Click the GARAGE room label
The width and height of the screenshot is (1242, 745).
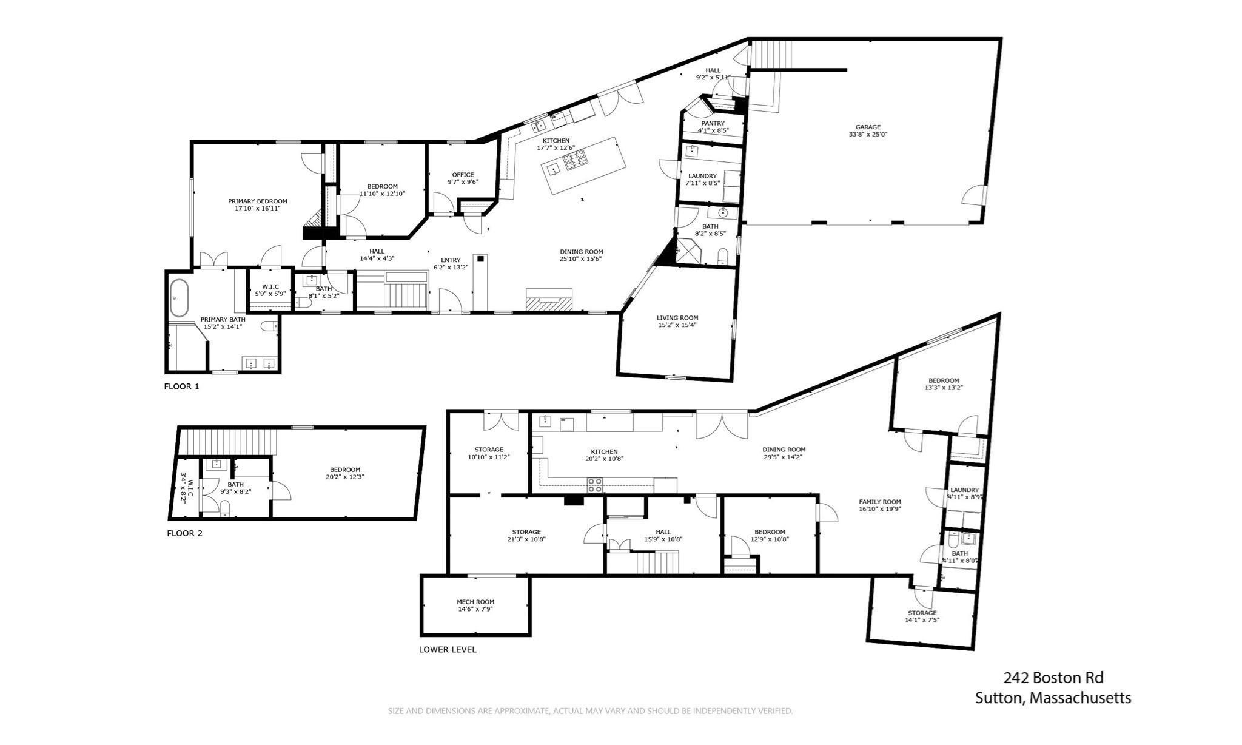[x=868, y=127]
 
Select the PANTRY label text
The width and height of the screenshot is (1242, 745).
[x=713, y=123]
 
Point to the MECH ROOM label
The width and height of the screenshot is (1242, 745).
[x=475, y=602]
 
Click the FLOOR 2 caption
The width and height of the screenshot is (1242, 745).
[x=184, y=533]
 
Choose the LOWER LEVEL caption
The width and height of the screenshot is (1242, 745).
[x=448, y=649]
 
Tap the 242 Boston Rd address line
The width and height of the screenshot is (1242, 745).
[x=1053, y=678]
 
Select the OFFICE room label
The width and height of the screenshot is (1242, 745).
[x=463, y=175]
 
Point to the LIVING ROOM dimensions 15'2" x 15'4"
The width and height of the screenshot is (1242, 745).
[x=677, y=325]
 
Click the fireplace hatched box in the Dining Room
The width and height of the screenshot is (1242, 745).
[x=549, y=301]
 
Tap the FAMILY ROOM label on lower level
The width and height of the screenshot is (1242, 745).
[x=879, y=502]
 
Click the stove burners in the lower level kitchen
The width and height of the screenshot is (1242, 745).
[x=595, y=485]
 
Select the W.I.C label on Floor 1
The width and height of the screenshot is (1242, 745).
[x=270, y=286]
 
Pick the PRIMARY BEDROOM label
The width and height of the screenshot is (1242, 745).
[x=257, y=201]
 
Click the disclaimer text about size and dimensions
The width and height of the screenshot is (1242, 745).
[x=589, y=710]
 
